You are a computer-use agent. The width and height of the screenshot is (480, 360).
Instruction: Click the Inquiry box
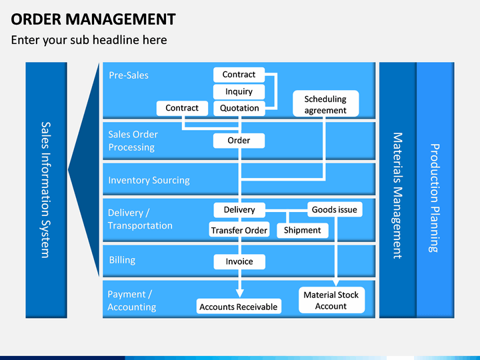(239, 91)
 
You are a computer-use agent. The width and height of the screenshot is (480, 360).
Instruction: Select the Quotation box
(239, 108)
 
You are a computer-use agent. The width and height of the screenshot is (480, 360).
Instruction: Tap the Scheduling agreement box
(326, 103)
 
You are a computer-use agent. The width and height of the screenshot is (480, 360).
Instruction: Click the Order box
(239, 141)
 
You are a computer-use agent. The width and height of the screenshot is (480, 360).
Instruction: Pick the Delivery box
(239, 210)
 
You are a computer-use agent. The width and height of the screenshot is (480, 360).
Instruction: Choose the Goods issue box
(335, 209)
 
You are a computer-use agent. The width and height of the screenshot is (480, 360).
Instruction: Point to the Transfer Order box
(239, 229)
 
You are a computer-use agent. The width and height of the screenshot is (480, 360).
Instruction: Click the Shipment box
(303, 230)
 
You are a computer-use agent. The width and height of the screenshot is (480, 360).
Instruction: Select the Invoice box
(239, 262)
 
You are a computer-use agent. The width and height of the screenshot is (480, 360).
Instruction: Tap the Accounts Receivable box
(239, 307)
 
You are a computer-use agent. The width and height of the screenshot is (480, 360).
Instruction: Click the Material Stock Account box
(331, 300)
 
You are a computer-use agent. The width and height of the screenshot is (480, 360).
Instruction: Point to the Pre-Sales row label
(129, 75)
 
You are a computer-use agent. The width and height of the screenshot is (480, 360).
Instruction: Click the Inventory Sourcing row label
(149, 180)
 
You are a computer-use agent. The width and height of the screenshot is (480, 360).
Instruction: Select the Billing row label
(122, 260)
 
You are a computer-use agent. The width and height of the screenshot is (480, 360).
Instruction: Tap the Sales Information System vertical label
(46, 190)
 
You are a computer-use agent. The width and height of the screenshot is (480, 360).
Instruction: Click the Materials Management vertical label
(397, 195)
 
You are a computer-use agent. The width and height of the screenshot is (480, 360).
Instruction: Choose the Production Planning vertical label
(435, 198)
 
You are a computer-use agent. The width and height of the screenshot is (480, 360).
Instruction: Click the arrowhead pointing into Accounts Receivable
(240, 293)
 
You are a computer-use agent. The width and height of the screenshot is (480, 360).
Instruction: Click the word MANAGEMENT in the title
(120, 19)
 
